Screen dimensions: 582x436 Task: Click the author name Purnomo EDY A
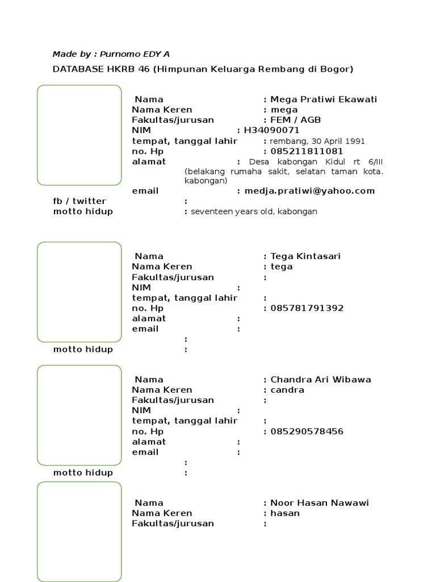pos(135,54)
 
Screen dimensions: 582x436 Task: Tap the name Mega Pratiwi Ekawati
pos(324,99)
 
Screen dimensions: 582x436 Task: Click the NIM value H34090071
pos(271,131)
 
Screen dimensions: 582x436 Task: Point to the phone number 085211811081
pos(307,151)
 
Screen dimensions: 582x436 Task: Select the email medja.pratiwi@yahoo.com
pos(309,191)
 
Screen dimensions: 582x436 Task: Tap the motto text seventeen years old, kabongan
pos(254,211)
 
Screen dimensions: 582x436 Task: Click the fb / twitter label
pos(79,201)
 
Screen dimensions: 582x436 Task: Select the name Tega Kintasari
pos(305,256)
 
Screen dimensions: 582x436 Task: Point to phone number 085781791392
pos(307,308)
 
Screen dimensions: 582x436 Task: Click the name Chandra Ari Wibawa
pos(321,380)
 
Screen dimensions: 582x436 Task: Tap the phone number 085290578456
pos(307,431)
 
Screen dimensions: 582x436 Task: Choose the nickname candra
pos(287,390)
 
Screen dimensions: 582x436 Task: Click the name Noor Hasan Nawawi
pos(320,503)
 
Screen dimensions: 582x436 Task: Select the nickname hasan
pos(285,513)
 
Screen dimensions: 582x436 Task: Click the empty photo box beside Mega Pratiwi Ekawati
pos(79,135)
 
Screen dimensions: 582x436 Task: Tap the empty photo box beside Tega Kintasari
pos(79,292)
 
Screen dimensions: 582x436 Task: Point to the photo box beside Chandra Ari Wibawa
pos(79,415)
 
